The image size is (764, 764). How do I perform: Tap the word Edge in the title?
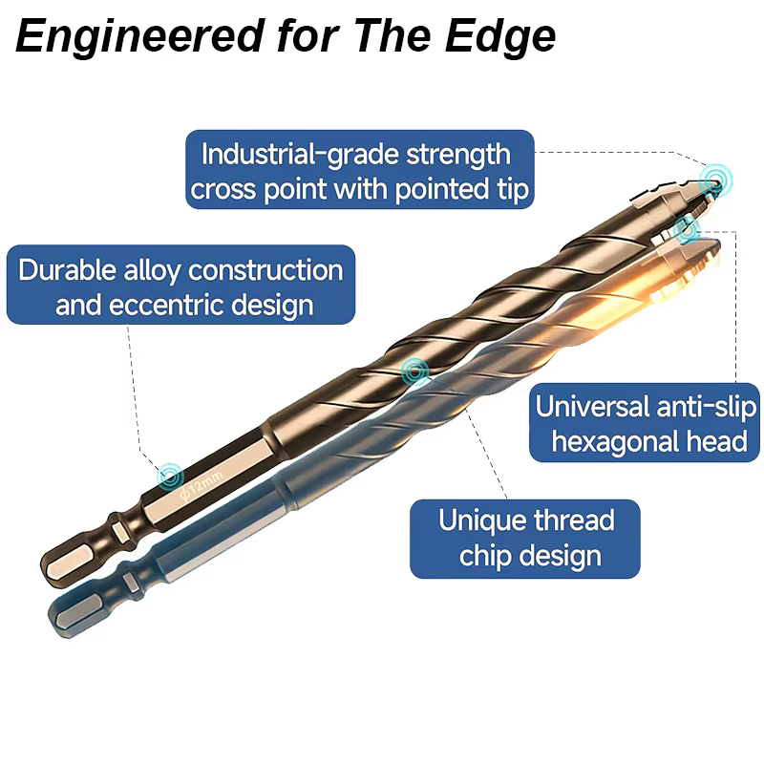coord(500,37)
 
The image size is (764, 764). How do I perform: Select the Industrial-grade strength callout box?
coord(360,170)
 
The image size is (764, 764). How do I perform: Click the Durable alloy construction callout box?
coord(180,285)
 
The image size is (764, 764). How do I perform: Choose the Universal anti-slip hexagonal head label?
coord(644,422)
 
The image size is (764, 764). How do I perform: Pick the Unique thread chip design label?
coord(525,539)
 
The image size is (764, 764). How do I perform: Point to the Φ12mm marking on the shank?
coord(202,485)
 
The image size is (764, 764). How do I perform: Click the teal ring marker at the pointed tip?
coord(715,180)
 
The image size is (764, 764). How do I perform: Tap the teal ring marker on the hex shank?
coord(171,476)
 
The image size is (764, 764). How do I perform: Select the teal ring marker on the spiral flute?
coord(415,372)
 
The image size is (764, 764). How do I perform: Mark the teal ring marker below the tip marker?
coord(687,230)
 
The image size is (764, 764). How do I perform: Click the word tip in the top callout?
coord(513,189)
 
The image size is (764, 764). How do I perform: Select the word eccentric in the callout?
coord(165,305)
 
